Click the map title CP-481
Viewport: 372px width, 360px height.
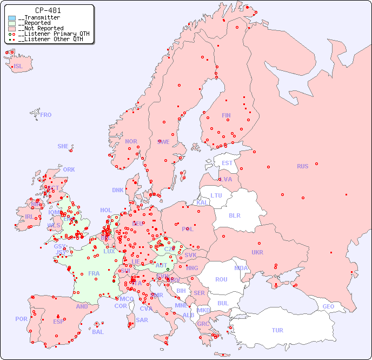(x=48, y=10)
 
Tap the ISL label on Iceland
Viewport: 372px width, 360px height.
(x=18, y=67)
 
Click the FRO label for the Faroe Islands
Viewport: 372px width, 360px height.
(x=46, y=115)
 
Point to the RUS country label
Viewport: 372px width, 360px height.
(x=302, y=166)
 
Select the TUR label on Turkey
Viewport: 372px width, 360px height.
(x=277, y=330)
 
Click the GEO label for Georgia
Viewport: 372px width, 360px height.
(x=328, y=306)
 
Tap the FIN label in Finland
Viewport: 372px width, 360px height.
(x=226, y=115)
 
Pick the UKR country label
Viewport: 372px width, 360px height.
(x=257, y=252)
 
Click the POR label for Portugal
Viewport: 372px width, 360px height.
(x=21, y=319)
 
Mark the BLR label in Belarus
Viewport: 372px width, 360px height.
(x=234, y=215)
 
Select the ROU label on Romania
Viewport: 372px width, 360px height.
(x=221, y=279)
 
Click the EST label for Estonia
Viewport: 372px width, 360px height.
(x=227, y=163)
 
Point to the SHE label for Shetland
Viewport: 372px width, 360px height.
(x=63, y=146)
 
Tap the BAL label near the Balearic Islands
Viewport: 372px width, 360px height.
(x=98, y=332)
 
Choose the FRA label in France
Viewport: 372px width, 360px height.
(x=94, y=273)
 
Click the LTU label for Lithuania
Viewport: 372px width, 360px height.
(x=216, y=195)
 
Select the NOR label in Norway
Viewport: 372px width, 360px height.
(x=131, y=141)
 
